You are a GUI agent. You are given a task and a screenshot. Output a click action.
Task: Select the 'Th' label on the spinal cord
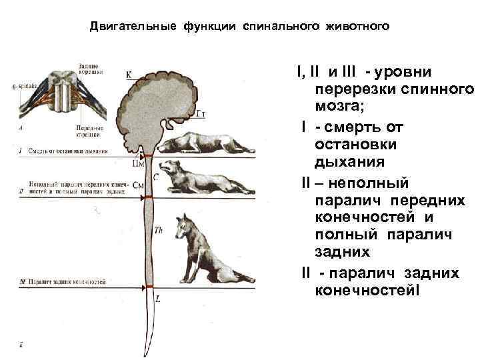coord(158,231)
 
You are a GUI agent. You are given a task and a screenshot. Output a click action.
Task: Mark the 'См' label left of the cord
coord(139,185)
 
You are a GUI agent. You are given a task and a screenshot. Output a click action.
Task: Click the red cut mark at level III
coord(149,286)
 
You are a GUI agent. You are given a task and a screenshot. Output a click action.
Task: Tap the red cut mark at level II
coord(149,198)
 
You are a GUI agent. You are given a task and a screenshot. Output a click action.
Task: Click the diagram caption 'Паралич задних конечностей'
coord(67,283)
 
